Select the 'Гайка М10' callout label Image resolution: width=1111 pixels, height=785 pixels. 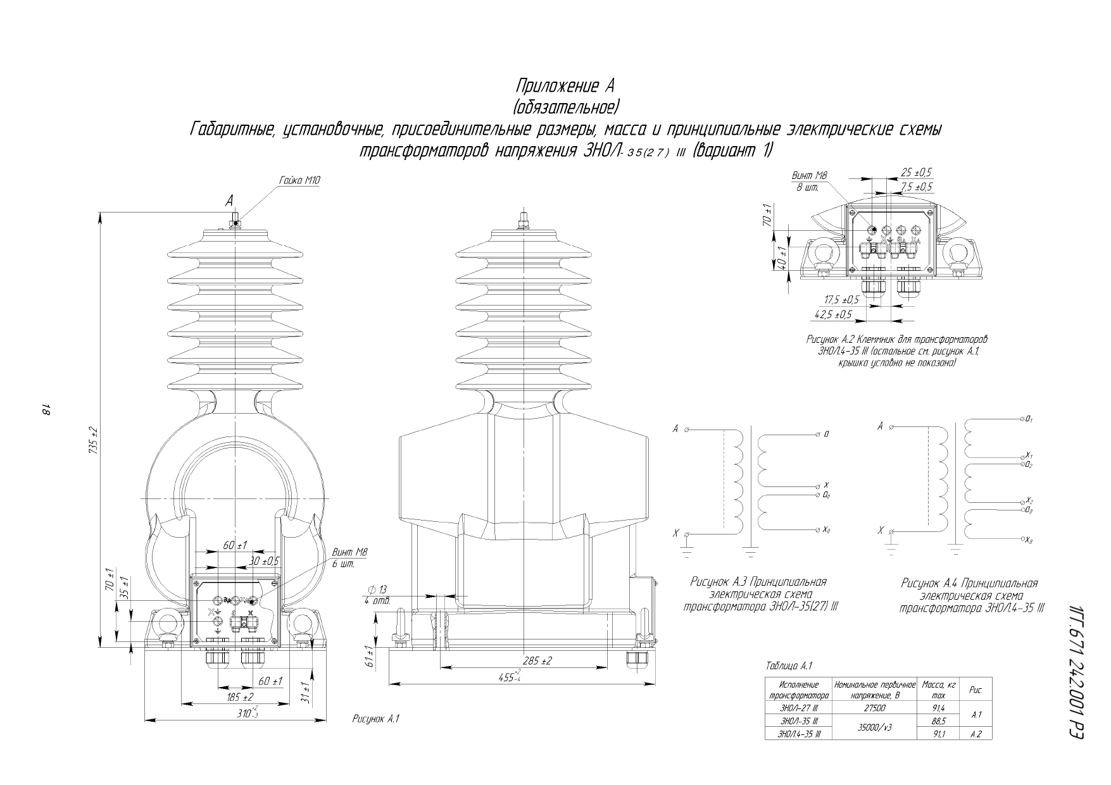[x=299, y=181]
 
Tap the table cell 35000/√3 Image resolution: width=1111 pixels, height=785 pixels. [x=874, y=727]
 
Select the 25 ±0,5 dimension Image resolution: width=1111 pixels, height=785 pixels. [x=917, y=173]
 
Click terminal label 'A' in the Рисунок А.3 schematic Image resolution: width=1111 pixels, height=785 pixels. [x=675, y=430]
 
